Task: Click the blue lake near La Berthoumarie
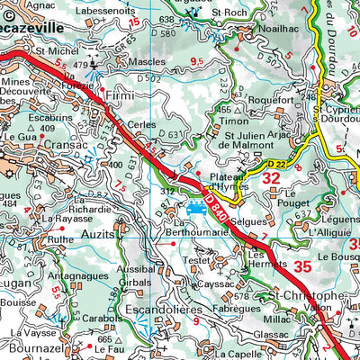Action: (194, 208)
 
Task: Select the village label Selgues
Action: (246, 220)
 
